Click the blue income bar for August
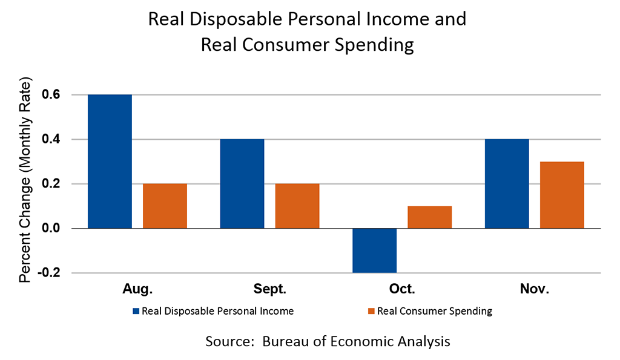click(x=110, y=162)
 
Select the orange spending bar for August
click(x=165, y=206)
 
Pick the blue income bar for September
click(x=242, y=183)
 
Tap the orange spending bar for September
click(x=297, y=206)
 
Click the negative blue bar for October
click(x=374, y=250)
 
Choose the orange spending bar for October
click(x=429, y=217)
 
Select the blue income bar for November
click(x=507, y=183)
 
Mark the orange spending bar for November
click(x=562, y=195)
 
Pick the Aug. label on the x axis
click(x=137, y=289)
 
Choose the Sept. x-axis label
click(x=269, y=289)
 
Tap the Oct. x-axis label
click(x=402, y=289)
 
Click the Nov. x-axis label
click(x=534, y=289)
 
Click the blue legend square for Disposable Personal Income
click(x=136, y=312)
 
